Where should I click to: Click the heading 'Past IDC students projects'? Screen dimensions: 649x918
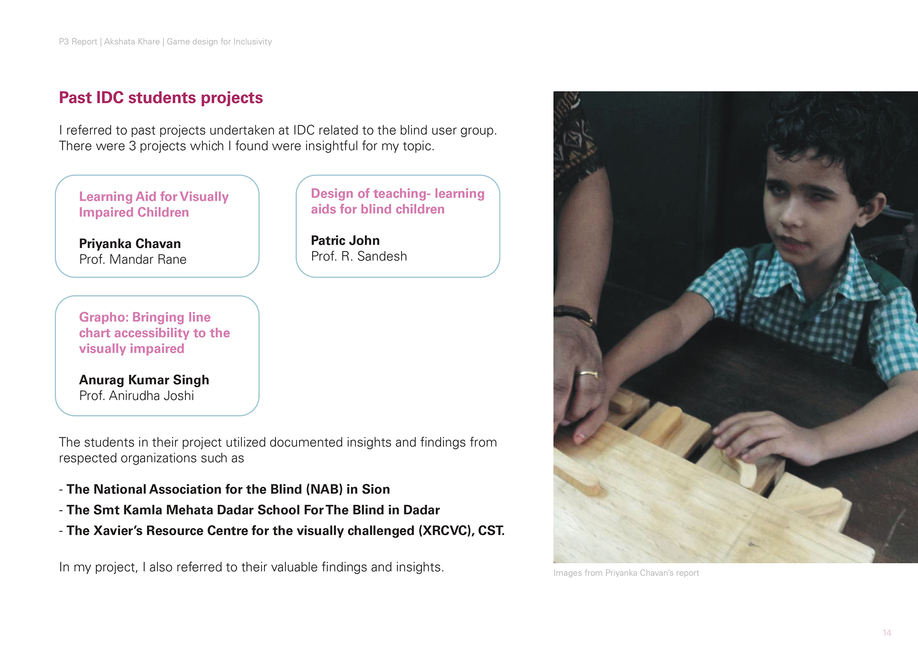(161, 98)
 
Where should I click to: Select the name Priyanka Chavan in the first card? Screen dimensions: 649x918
(130, 243)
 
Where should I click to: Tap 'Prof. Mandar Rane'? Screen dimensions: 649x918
(133, 259)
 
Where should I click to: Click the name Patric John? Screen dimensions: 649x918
(345, 241)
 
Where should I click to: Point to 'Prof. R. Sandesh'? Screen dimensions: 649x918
(359, 256)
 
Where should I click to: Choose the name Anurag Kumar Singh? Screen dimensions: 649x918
(144, 380)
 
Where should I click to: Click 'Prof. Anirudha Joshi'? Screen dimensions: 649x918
(136, 396)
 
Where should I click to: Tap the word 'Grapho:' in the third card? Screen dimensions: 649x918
(104, 317)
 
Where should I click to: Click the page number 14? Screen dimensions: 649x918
(887, 633)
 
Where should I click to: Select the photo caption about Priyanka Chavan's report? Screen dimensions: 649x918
(626, 573)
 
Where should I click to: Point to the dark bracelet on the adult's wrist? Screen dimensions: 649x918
(574, 313)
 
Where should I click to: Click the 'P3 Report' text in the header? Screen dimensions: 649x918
(78, 42)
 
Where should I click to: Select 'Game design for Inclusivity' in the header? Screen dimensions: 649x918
(219, 42)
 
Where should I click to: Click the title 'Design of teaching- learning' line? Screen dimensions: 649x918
(397, 194)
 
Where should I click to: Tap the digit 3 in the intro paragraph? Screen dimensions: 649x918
(132, 146)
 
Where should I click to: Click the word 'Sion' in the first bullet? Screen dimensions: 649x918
(375, 489)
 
